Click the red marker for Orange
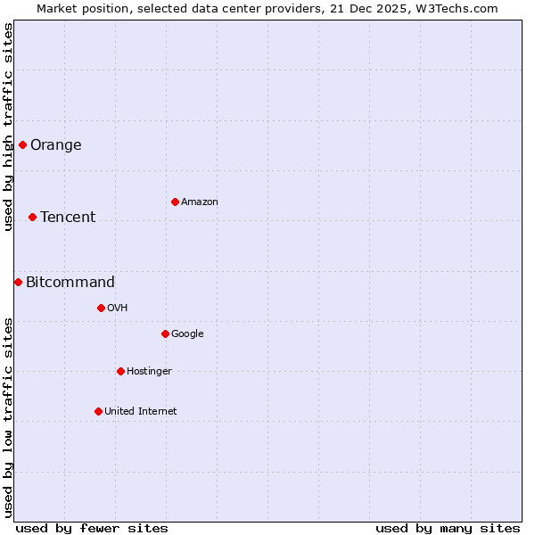(x=22, y=144)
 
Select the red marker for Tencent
(x=32, y=217)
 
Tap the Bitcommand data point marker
(x=18, y=282)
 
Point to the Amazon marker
(x=175, y=202)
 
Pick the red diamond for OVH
(x=101, y=308)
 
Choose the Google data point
(x=165, y=333)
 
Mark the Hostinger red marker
(x=120, y=371)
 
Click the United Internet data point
(x=98, y=411)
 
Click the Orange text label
(x=56, y=145)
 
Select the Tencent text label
(x=68, y=218)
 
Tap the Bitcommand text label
(x=70, y=283)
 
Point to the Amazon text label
(x=200, y=202)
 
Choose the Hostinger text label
(x=149, y=372)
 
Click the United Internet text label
(x=141, y=412)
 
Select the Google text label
(x=187, y=334)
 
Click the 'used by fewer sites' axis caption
(x=92, y=528)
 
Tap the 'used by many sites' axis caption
(x=448, y=528)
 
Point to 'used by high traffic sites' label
(x=8, y=127)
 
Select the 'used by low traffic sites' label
(x=8, y=416)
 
